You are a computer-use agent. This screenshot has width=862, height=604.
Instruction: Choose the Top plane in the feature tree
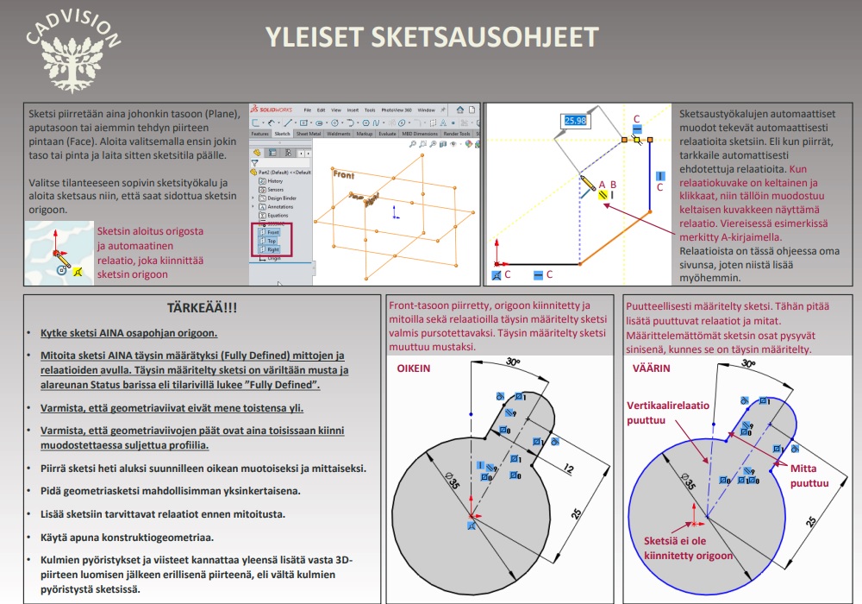(x=272, y=242)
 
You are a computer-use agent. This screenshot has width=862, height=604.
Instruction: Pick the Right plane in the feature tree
(x=273, y=249)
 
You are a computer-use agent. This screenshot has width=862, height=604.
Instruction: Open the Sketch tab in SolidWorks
(x=282, y=135)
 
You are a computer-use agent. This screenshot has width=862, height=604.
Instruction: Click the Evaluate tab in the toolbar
(x=387, y=135)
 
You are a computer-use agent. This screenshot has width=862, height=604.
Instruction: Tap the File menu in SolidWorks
(x=307, y=110)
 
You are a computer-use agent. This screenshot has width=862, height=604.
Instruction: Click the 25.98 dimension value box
(x=575, y=121)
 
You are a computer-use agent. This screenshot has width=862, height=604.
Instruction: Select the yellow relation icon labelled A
(x=601, y=193)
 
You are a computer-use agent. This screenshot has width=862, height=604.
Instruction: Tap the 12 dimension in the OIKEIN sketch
(x=569, y=469)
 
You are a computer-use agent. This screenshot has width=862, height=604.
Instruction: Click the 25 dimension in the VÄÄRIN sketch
(x=810, y=521)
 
